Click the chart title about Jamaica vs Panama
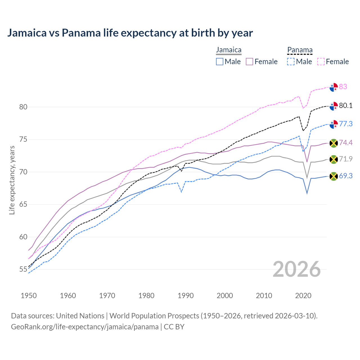pyautogui.click(x=130, y=33)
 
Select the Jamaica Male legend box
pyautogui.click(x=220, y=62)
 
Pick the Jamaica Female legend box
pyautogui.click(x=250, y=62)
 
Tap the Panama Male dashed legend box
pyautogui.click(x=291, y=62)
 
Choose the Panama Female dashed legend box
pyautogui.click(x=321, y=62)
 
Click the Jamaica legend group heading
pyautogui.click(x=229, y=50)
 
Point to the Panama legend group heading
pyautogui.click(x=300, y=50)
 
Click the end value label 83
pyautogui.click(x=343, y=87)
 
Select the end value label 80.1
pyautogui.click(x=346, y=105)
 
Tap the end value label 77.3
pyautogui.click(x=346, y=124)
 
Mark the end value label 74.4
pyautogui.click(x=346, y=143)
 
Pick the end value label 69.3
pyautogui.click(x=346, y=176)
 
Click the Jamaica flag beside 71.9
pyautogui.click(x=334, y=159)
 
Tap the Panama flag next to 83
pyautogui.click(x=334, y=87)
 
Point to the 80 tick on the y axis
pyautogui.click(x=23, y=107)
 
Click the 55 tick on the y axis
pyautogui.click(x=23, y=269)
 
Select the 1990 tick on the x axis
pyautogui.click(x=186, y=296)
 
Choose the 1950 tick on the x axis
pyautogui.click(x=29, y=296)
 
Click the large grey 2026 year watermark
pyautogui.click(x=297, y=269)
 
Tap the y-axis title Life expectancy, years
pyautogui.click(x=12, y=180)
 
